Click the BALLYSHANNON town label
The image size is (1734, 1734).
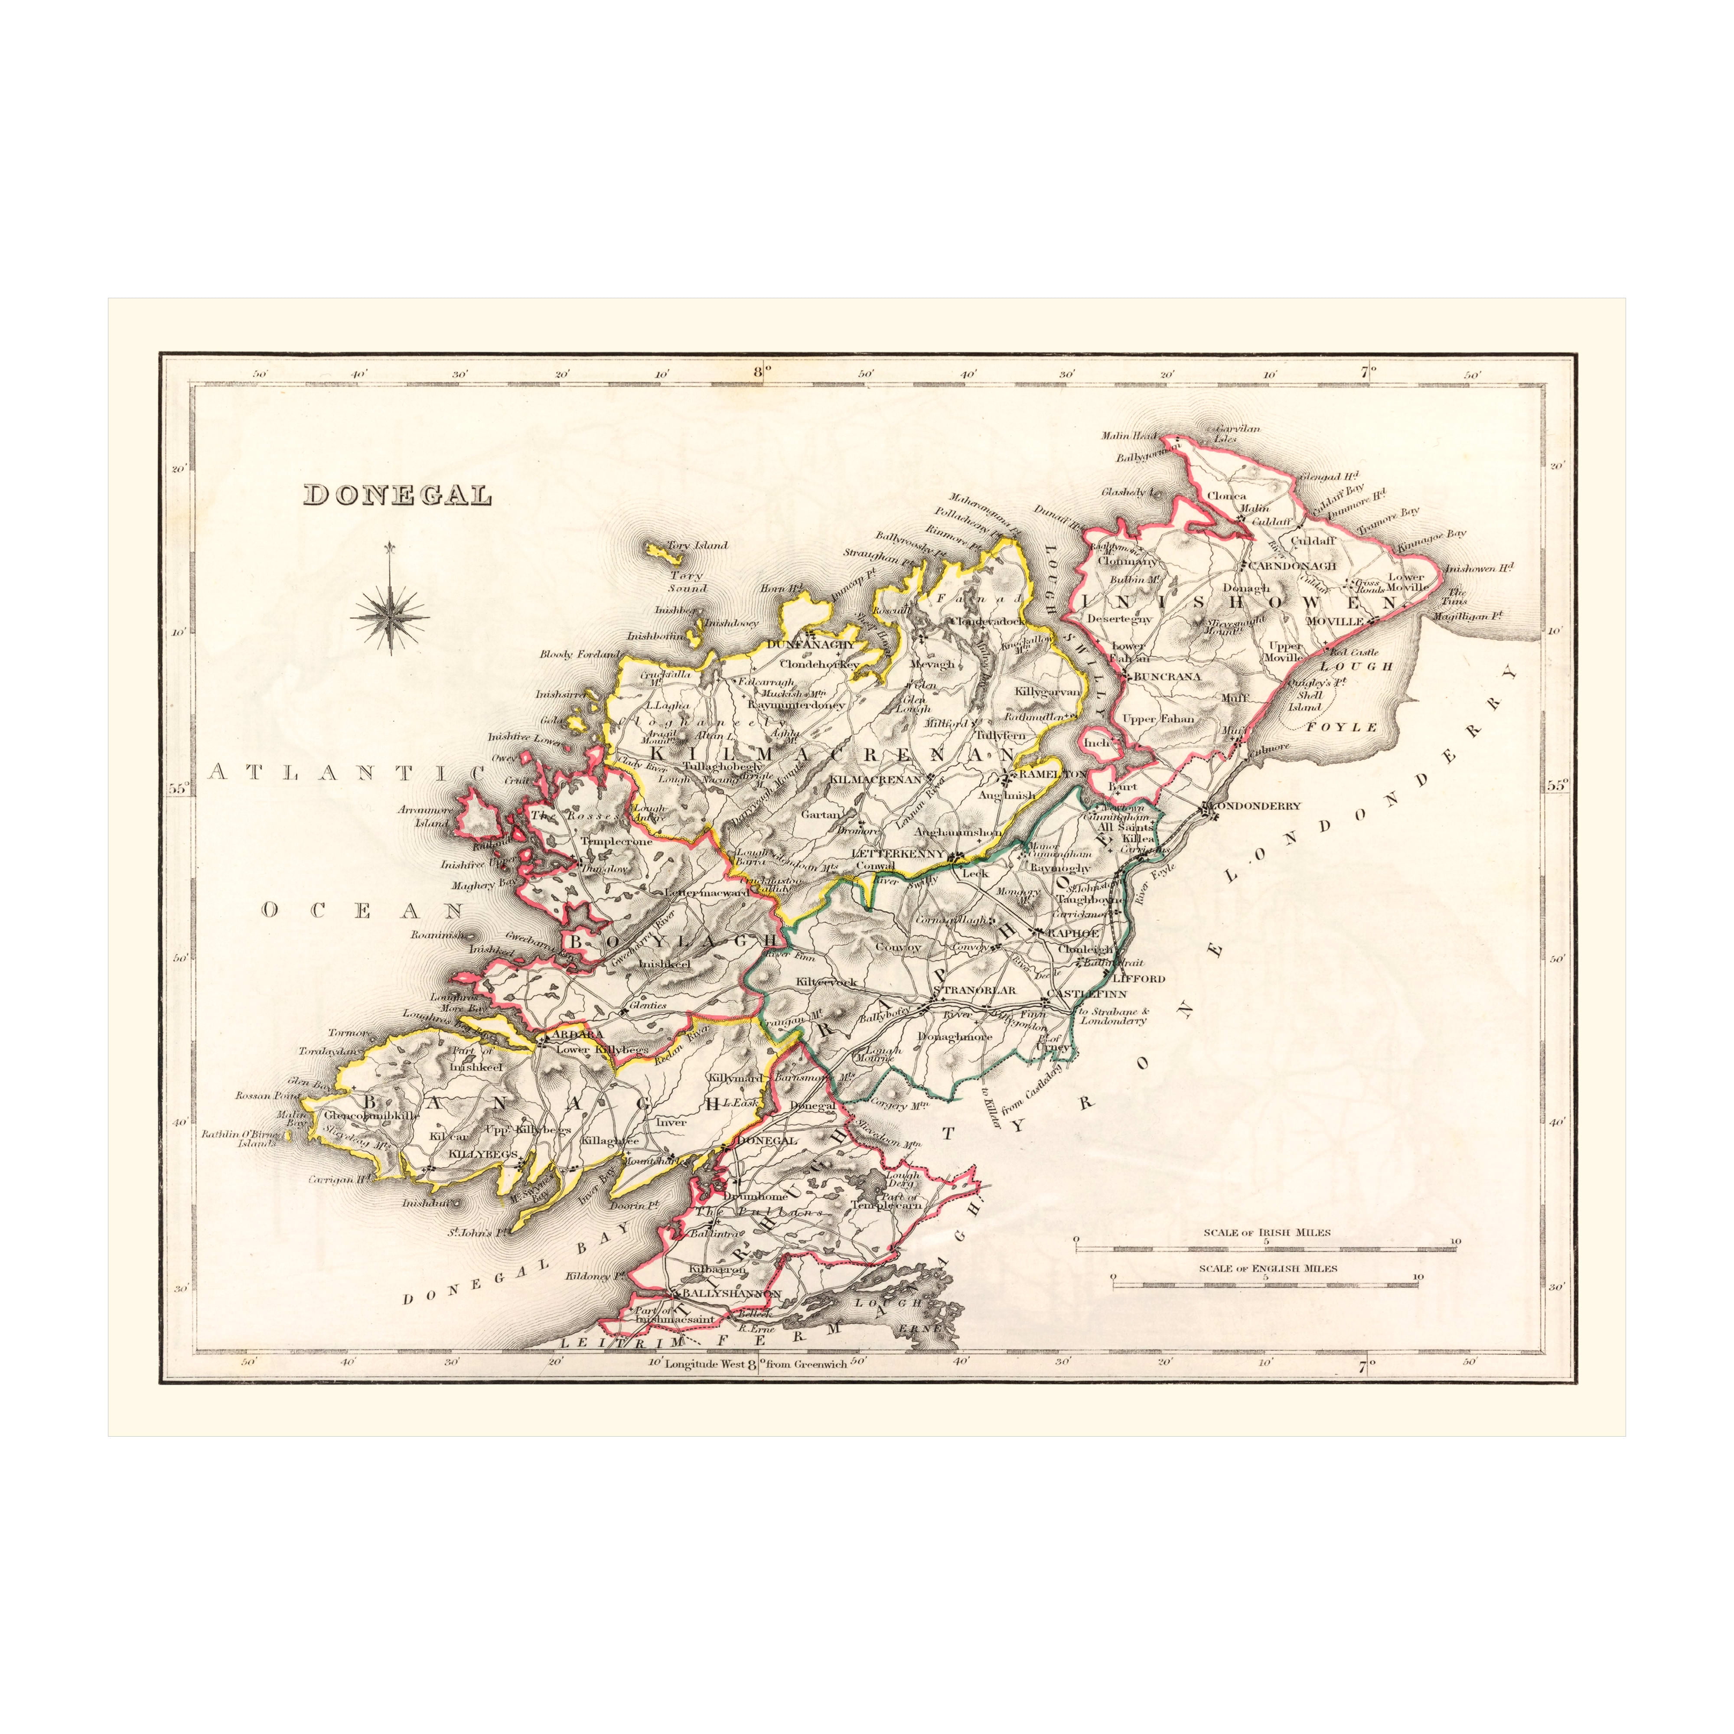point(731,1293)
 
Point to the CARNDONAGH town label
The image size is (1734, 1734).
point(1292,566)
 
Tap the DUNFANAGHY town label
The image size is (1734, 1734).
point(812,643)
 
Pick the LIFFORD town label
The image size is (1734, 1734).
point(1138,978)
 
